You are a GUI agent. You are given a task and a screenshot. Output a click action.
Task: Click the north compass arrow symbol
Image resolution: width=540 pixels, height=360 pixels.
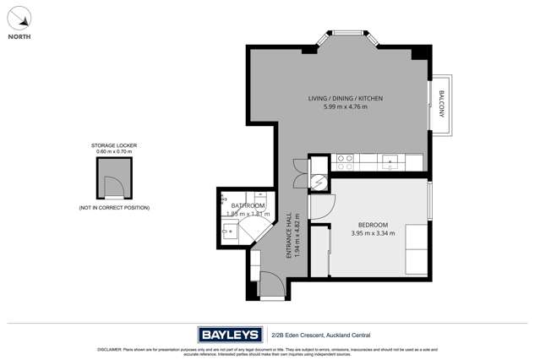[x=20, y=17]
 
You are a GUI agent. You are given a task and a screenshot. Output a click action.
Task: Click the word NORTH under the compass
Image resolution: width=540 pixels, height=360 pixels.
[x=20, y=37]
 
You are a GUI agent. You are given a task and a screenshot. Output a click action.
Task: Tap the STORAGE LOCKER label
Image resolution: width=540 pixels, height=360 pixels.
[x=114, y=145]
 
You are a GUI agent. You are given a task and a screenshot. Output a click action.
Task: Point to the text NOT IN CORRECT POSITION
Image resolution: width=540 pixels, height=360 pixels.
[x=114, y=207]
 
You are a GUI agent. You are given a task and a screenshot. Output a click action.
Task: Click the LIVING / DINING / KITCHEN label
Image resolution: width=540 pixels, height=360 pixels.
[x=345, y=99]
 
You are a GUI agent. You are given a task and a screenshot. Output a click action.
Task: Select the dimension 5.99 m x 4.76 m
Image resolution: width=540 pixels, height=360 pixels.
[x=345, y=107]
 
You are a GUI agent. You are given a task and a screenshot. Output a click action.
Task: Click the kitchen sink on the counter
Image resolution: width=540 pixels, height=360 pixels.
[x=390, y=160]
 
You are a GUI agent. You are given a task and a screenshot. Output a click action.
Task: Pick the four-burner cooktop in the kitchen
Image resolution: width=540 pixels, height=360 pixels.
[x=343, y=160]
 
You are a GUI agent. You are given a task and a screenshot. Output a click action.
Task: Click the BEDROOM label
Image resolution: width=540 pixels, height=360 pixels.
[x=373, y=225]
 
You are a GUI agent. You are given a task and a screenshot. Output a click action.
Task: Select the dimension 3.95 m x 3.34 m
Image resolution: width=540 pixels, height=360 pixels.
[x=373, y=233]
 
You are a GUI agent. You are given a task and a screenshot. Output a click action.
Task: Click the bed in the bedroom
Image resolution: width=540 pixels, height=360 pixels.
[x=416, y=248]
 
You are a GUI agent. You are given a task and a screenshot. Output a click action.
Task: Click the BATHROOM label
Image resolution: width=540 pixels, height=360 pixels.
[x=248, y=205]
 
